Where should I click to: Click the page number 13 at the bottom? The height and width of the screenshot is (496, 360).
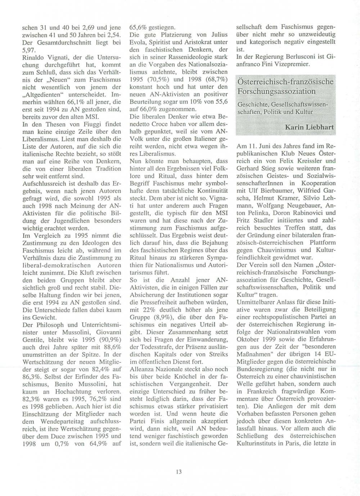[179, 472]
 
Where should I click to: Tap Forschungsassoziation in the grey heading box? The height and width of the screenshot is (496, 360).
[276, 91]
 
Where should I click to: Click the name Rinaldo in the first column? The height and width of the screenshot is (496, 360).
[34, 58]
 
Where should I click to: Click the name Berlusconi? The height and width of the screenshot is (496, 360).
[301, 57]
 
